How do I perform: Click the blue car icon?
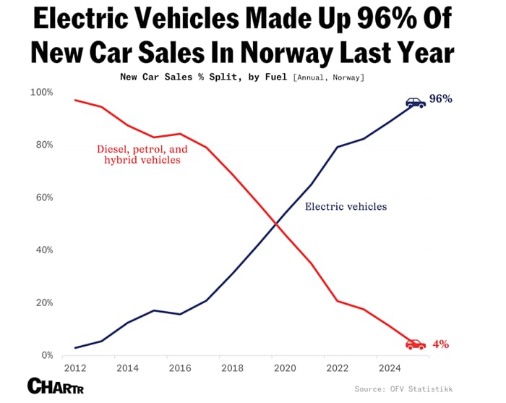tap(416, 103)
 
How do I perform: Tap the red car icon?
tap(416, 344)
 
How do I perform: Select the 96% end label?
tap(440, 98)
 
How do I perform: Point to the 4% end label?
tap(440, 344)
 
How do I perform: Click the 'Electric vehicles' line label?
tap(346, 206)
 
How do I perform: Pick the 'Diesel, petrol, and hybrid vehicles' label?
tap(142, 154)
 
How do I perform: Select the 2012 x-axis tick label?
tap(76, 368)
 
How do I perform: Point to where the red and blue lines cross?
tap(275, 224)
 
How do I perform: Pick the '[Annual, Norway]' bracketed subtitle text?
tap(329, 77)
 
